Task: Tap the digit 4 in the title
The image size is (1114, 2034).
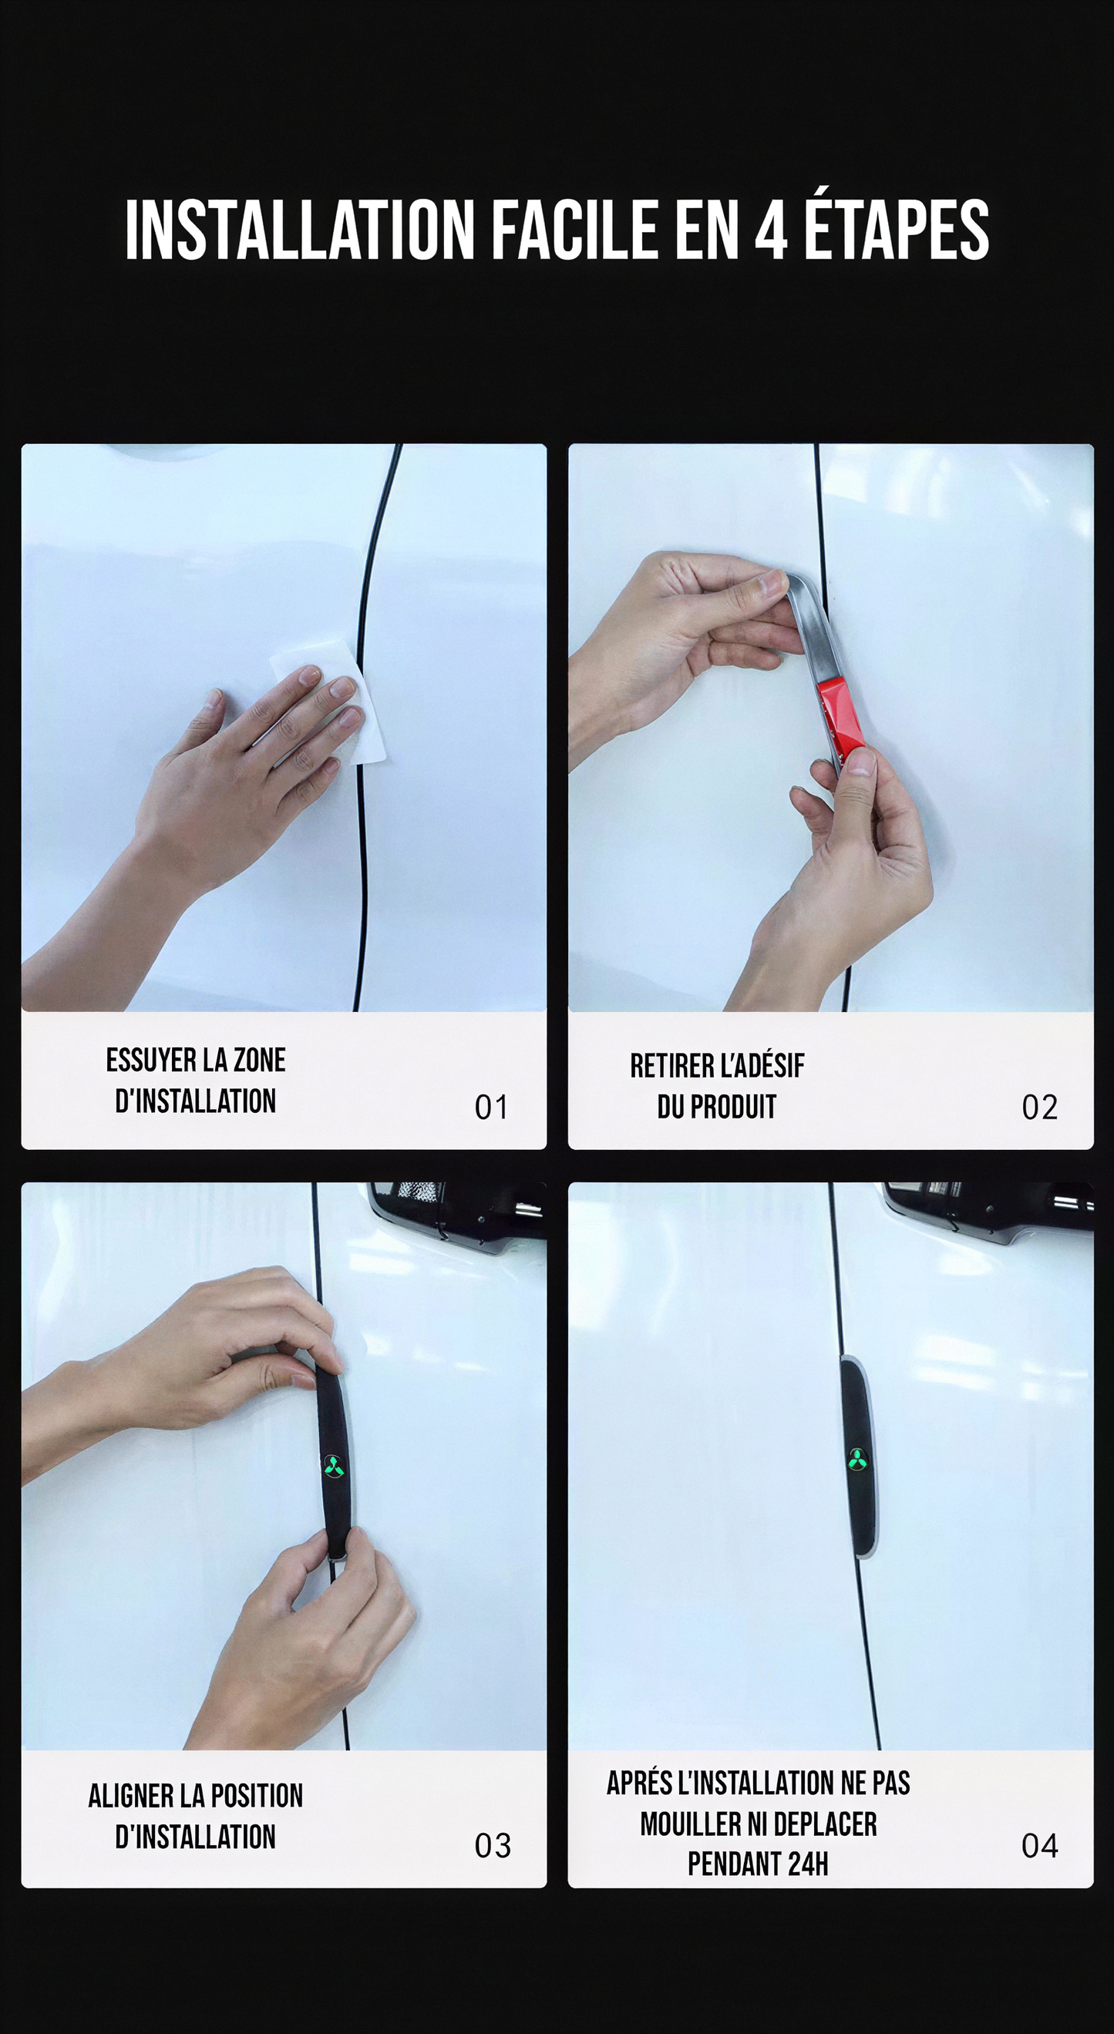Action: click(771, 230)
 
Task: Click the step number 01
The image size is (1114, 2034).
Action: click(491, 1107)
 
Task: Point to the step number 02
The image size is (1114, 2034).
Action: click(1039, 1107)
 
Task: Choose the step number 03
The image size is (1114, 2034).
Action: click(493, 1845)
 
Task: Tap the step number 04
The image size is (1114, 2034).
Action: click(1039, 1845)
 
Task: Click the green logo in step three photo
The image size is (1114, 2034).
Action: click(333, 1465)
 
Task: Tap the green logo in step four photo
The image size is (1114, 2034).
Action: click(858, 1459)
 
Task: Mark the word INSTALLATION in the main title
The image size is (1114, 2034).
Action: click(299, 230)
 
